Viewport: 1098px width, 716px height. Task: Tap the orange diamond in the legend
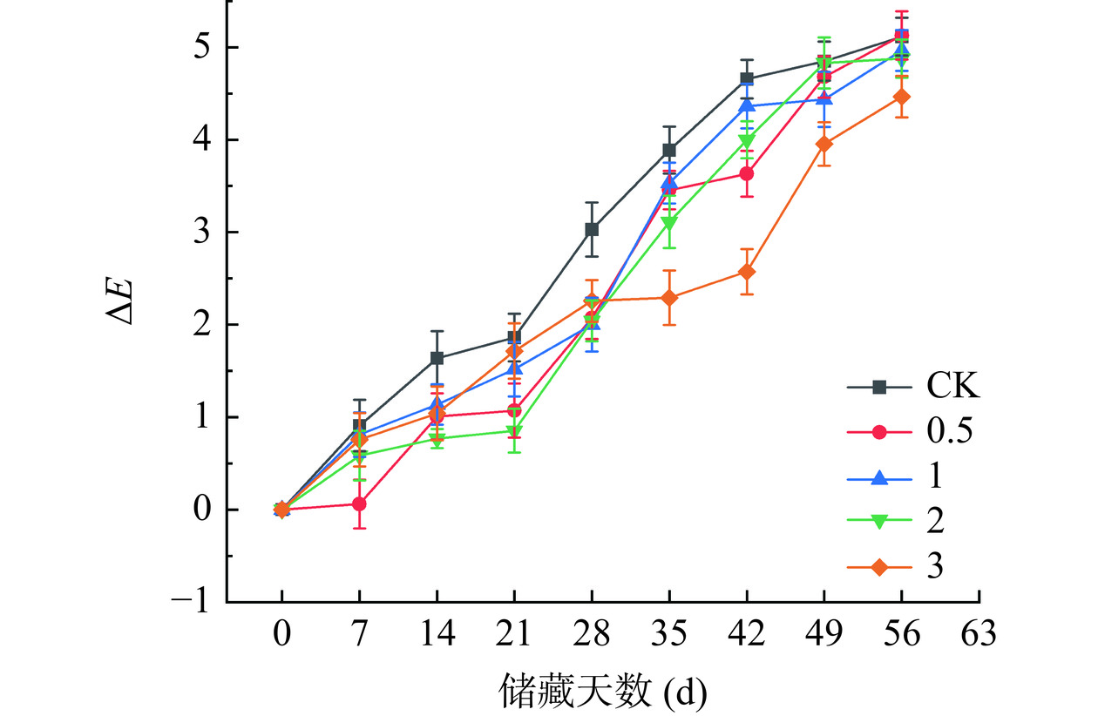pyautogui.click(x=879, y=567)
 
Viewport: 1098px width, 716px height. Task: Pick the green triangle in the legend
pyautogui.click(x=879, y=522)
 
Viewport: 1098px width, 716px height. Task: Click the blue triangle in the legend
pyautogui.click(x=879, y=476)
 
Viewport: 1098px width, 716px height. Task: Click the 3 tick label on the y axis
pyautogui.click(x=203, y=233)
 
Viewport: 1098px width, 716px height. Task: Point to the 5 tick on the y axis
pyautogui.click(x=203, y=47)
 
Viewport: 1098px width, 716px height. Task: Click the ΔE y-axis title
pyautogui.click(x=122, y=301)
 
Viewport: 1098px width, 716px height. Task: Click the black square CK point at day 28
pyautogui.click(x=592, y=230)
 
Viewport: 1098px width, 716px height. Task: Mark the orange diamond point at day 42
pyautogui.click(x=747, y=272)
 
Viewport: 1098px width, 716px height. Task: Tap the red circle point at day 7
pyautogui.click(x=359, y=503)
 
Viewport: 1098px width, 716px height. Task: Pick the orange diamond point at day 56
pyautogui.click(x=902, y=97)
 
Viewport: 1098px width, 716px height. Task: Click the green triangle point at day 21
pyautogui.click(x=514, y=431)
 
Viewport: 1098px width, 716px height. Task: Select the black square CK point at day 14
pyautogui.click(x=437, y=358)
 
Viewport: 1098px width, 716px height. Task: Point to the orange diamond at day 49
pyautogui.click(x=824, y=144)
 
